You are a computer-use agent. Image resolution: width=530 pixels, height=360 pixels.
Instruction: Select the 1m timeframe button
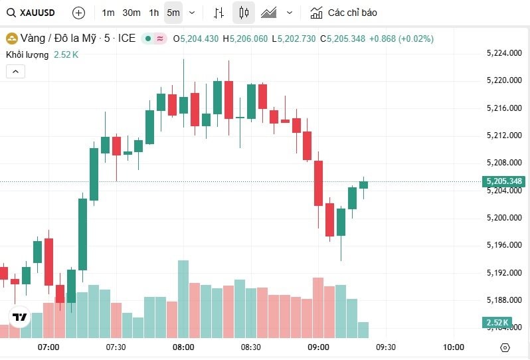click(x=108, y=13)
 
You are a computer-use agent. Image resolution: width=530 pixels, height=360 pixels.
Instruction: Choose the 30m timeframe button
click(x=132, y=13)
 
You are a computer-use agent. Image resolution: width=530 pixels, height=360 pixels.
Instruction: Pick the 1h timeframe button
click(x=154, y=13)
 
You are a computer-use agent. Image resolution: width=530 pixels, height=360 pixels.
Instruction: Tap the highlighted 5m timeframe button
click(x=173, y=13)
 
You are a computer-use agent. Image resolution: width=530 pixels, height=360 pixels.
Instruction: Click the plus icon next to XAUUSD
click(x=78, y=13)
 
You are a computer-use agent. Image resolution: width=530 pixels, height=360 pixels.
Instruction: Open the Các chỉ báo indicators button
click(x=344, y=13)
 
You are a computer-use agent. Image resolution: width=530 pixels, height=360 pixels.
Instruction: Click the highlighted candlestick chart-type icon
click(x=244, y=13)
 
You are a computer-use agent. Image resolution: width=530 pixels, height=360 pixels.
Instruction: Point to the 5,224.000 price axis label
click(x=503, y=53)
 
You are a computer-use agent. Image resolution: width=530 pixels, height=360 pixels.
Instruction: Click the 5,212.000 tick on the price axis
click(x=503, y=135)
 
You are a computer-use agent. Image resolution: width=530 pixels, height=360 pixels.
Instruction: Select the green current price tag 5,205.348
click(x=503, y=181)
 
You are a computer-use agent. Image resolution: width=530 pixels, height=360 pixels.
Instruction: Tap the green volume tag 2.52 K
click(x=497, y=323)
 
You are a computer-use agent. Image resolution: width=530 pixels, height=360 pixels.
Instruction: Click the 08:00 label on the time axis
click(x=183, y=347)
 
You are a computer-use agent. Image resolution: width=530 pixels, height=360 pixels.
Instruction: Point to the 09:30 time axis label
click(x=385, y=347)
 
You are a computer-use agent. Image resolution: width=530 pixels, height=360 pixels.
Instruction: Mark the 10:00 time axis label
click(x=453, y=347)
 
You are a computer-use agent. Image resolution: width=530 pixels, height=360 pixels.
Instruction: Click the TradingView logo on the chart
click(x=20, y=317)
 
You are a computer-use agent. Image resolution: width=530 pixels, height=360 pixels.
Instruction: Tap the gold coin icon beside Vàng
click(x=11, y=39)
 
